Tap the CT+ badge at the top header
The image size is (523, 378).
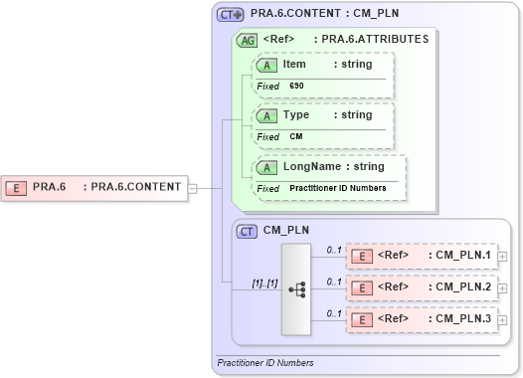pyautogui.click(x=231, y=15)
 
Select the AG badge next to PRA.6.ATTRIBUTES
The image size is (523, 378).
pyautogui.click(x=245, y=40)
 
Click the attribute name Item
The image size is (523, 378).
pyautogui.click(x=294, y=64)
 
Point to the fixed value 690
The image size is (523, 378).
pyautogui.click(x=297, y=86)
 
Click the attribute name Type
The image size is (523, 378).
pyautogui.click(x=296, y=114)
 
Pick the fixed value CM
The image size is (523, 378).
pyautogui.click(x=296, y=136)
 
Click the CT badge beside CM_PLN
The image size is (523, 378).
pyautogui.click(x=247, y=230)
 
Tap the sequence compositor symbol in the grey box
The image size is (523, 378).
pyautogui.click(x=296, y=288)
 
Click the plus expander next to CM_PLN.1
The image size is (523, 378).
pyautogui.click(x=503, y=257)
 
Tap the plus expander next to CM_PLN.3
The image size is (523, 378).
pyautogui.click(x=503, y=320)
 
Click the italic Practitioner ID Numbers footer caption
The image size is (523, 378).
pyautogui.click(x=265, y=363)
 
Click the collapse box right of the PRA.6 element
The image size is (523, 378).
pyautogui.click(x=192, y=186)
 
